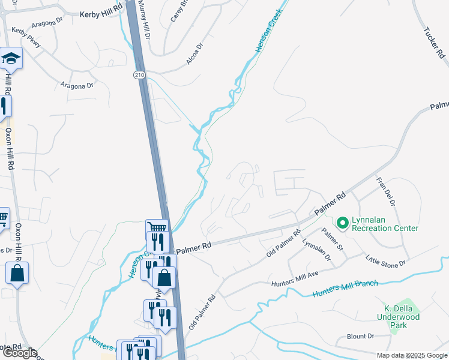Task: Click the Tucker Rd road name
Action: (433, 43)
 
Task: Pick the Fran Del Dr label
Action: (385, 191)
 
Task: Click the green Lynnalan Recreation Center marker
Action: (343, 224)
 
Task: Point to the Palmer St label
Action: (331, 239)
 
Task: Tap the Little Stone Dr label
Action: (386, 260)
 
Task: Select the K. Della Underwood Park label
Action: (398, 316)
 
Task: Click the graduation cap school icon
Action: (11, 58)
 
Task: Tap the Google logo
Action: (19, 353)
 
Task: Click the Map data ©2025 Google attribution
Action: (411, 355)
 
